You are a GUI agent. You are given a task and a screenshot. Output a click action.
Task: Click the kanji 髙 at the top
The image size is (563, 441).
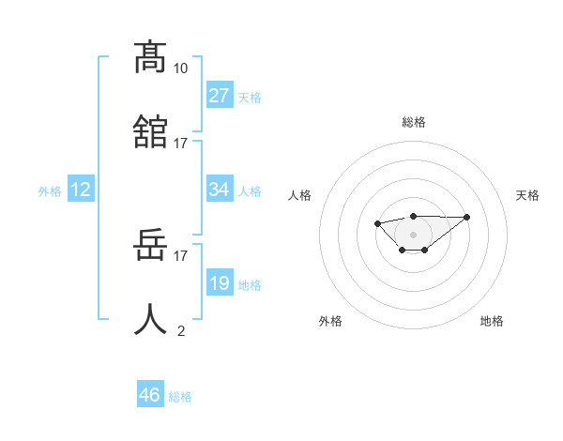pyautogui.click(x=151, y=57)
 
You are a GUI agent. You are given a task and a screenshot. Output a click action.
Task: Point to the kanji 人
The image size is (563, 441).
pyautogui.click(x=151, y=320)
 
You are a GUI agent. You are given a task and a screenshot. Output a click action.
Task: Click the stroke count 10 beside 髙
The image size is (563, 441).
pyautogui.click(x=181, y=68)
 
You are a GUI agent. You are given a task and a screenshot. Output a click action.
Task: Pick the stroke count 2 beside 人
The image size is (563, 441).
pyautogui.click(x=181, y=330)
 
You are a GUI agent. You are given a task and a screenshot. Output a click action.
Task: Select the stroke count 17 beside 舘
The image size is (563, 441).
pyautogui.click(x=181, y=143)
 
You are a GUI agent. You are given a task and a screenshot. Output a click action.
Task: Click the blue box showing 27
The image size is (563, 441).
pyautogui.click(x=219, y=96)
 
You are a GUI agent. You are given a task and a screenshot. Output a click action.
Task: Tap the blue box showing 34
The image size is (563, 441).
pyautogui.click(x=219, y=190)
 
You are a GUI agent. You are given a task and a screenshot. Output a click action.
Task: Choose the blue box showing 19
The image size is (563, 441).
pyautogui.click(x=219, y=283)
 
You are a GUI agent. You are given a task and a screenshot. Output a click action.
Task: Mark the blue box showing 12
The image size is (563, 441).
pyautogui.click(x=81, y=190)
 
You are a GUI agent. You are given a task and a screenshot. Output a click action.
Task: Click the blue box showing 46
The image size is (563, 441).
pyautogui.click(x=150, y=395)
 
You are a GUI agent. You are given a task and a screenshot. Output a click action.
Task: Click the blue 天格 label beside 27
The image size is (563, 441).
pyautogui.click(x=250, y=98)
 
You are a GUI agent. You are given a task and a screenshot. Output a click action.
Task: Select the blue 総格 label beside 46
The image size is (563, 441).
pyautogui.click(x=180, y=397)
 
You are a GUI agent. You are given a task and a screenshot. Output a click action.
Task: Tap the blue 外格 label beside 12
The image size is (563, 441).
pyautogui.click(x=50, y=191)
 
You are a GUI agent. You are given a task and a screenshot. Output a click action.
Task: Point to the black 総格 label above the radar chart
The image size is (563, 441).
pyautogui.click(x=413, y=122)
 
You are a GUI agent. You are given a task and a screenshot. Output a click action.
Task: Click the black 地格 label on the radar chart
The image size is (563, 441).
pyautogui.click(x=492, y=321)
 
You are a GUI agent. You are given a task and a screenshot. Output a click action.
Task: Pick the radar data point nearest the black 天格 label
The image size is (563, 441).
pyautogui.click(x=467, y=217)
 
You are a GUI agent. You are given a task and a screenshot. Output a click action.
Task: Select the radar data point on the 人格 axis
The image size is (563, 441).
pyautogui.click(x=377, y=223)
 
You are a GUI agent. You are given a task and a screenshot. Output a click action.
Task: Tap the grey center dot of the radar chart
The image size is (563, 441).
pyautogui.click(x=413, y=234)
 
